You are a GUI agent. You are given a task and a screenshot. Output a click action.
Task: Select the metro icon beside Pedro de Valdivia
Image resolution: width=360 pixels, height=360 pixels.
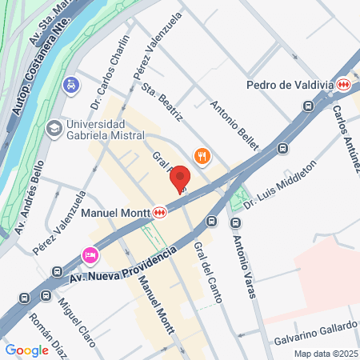pyautogui.click(x=343, y=84)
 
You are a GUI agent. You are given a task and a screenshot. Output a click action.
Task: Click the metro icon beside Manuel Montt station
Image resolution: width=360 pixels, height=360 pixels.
pyautogui.click(x=161, y=213)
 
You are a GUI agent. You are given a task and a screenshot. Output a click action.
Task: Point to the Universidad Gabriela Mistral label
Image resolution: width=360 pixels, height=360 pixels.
pyautogui.click(x=95, y=130)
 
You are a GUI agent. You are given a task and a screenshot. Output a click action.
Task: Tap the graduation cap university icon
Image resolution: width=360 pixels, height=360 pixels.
pyautogui.click(x=54, y=128)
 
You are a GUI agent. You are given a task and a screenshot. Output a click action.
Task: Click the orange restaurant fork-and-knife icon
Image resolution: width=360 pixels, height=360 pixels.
pyautogui.click(x=202, y=156)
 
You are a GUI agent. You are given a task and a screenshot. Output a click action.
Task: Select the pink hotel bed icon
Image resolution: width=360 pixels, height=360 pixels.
pyautogui.click(x=90, y=255)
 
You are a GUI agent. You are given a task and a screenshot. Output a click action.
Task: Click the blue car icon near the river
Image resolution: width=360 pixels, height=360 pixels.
pyautogui.click(x=72, y=84)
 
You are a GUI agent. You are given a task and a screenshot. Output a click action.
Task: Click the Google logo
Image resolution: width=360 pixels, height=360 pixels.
pyautogui.click(x=26, y=350)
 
